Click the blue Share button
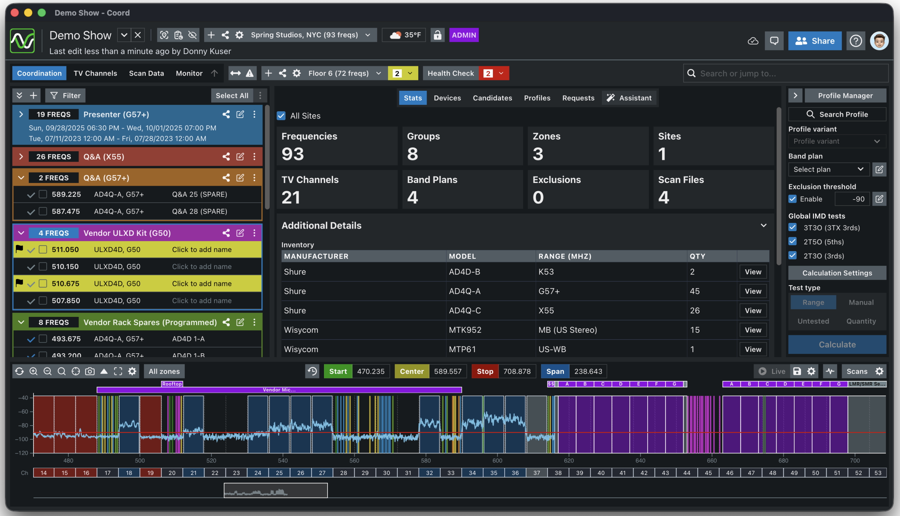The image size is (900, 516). click(814, 41)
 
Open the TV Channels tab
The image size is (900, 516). click(95, 73)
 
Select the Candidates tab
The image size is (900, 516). click(492, 98)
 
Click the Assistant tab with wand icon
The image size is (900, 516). click(629, 98)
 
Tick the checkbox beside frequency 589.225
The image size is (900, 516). click(43, 194)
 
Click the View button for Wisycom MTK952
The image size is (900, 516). click(753, 330)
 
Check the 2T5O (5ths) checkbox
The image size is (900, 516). click(792, 242)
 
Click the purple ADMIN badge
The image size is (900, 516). click(464, 35)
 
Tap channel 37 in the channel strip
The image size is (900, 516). click(536, 473)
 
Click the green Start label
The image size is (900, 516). click(338, 371)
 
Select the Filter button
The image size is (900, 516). click(65, 96)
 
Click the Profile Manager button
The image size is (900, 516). click(845, 96)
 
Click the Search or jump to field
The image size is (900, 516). click(785, 73)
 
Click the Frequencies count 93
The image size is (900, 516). click(293, 154)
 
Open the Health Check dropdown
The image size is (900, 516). click(501, 73)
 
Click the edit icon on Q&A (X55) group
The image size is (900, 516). click(240, 157)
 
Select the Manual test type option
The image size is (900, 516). click(861, 302)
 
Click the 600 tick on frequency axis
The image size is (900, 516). click(497, 461)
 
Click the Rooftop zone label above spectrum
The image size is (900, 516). click(172, 384)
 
